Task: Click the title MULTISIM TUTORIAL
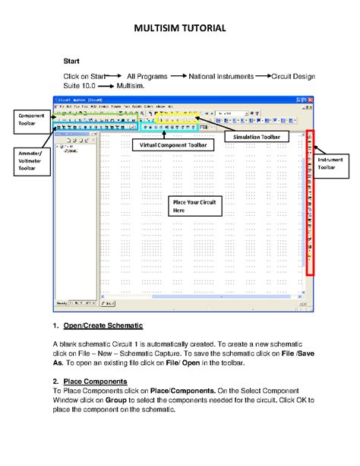point(179,29)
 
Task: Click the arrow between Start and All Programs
point(114,77)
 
